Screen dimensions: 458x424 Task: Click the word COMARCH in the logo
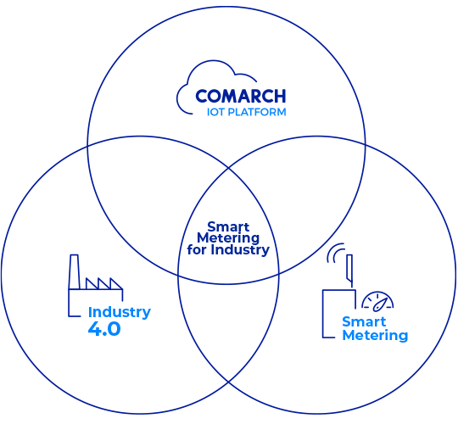[x=240, y=96]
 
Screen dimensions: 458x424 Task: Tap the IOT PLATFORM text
[x=246, y=112]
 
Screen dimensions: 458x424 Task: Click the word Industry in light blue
[x=120, y=312]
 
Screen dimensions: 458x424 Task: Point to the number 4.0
[x=104, y=329]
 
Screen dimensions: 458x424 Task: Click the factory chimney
[x=74, y=272]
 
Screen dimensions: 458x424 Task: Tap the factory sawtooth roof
[x=104, y=283]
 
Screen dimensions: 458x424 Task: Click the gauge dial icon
[x=377, y=301]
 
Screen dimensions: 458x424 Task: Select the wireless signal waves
[x=334, y=252]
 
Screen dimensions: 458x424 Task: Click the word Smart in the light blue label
[x=364, y=321]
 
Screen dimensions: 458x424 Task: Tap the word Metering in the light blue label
[x=375, y=335]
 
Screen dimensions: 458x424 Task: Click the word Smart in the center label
[x=228, y=227]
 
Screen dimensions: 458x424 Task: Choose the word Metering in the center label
[x=228, y=238]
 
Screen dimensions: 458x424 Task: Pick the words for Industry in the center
[x=228, y=249]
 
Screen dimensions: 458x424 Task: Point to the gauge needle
[x=379, y=304]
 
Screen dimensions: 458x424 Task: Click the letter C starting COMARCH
[x=202, y=96]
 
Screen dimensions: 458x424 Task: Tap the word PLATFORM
[x=257, y=112]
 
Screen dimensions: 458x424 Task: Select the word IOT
[x=216, y=112]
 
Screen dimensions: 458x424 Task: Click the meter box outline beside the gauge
[x=323, y=314]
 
